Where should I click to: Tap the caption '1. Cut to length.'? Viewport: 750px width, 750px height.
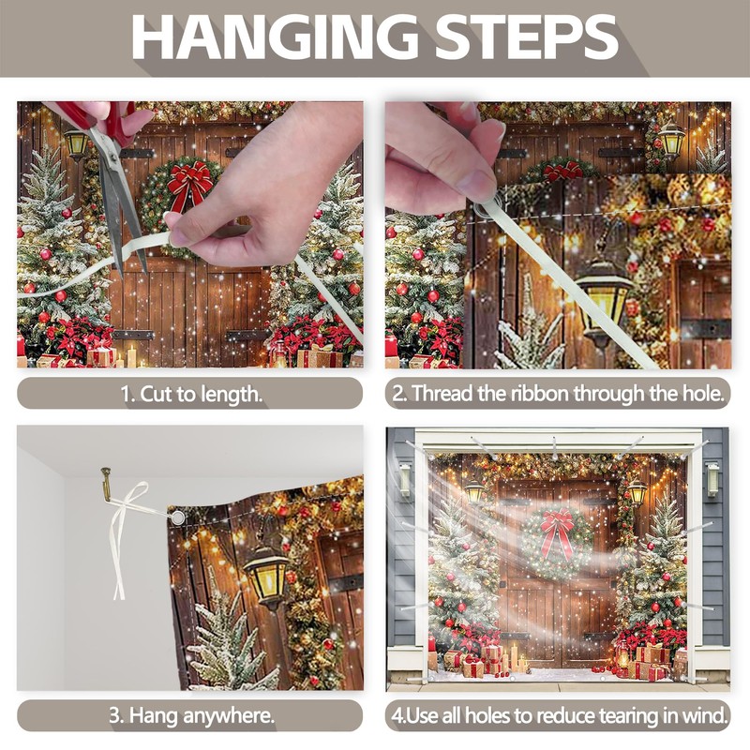(x=191, y=394)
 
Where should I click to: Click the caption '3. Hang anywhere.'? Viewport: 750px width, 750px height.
(x=192, y=715)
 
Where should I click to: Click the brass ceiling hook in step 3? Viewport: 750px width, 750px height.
(x=107, y=484)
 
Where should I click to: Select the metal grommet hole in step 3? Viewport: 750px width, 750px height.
(x=178, y=517)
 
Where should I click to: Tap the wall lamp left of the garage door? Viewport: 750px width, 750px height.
(x=405, y=479)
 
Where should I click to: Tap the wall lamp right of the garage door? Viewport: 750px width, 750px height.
(x=712, y=479)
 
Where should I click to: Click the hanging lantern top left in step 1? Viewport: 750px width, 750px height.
(x=77, y=143)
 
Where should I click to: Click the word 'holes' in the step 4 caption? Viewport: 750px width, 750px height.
(x=487, y=716)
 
